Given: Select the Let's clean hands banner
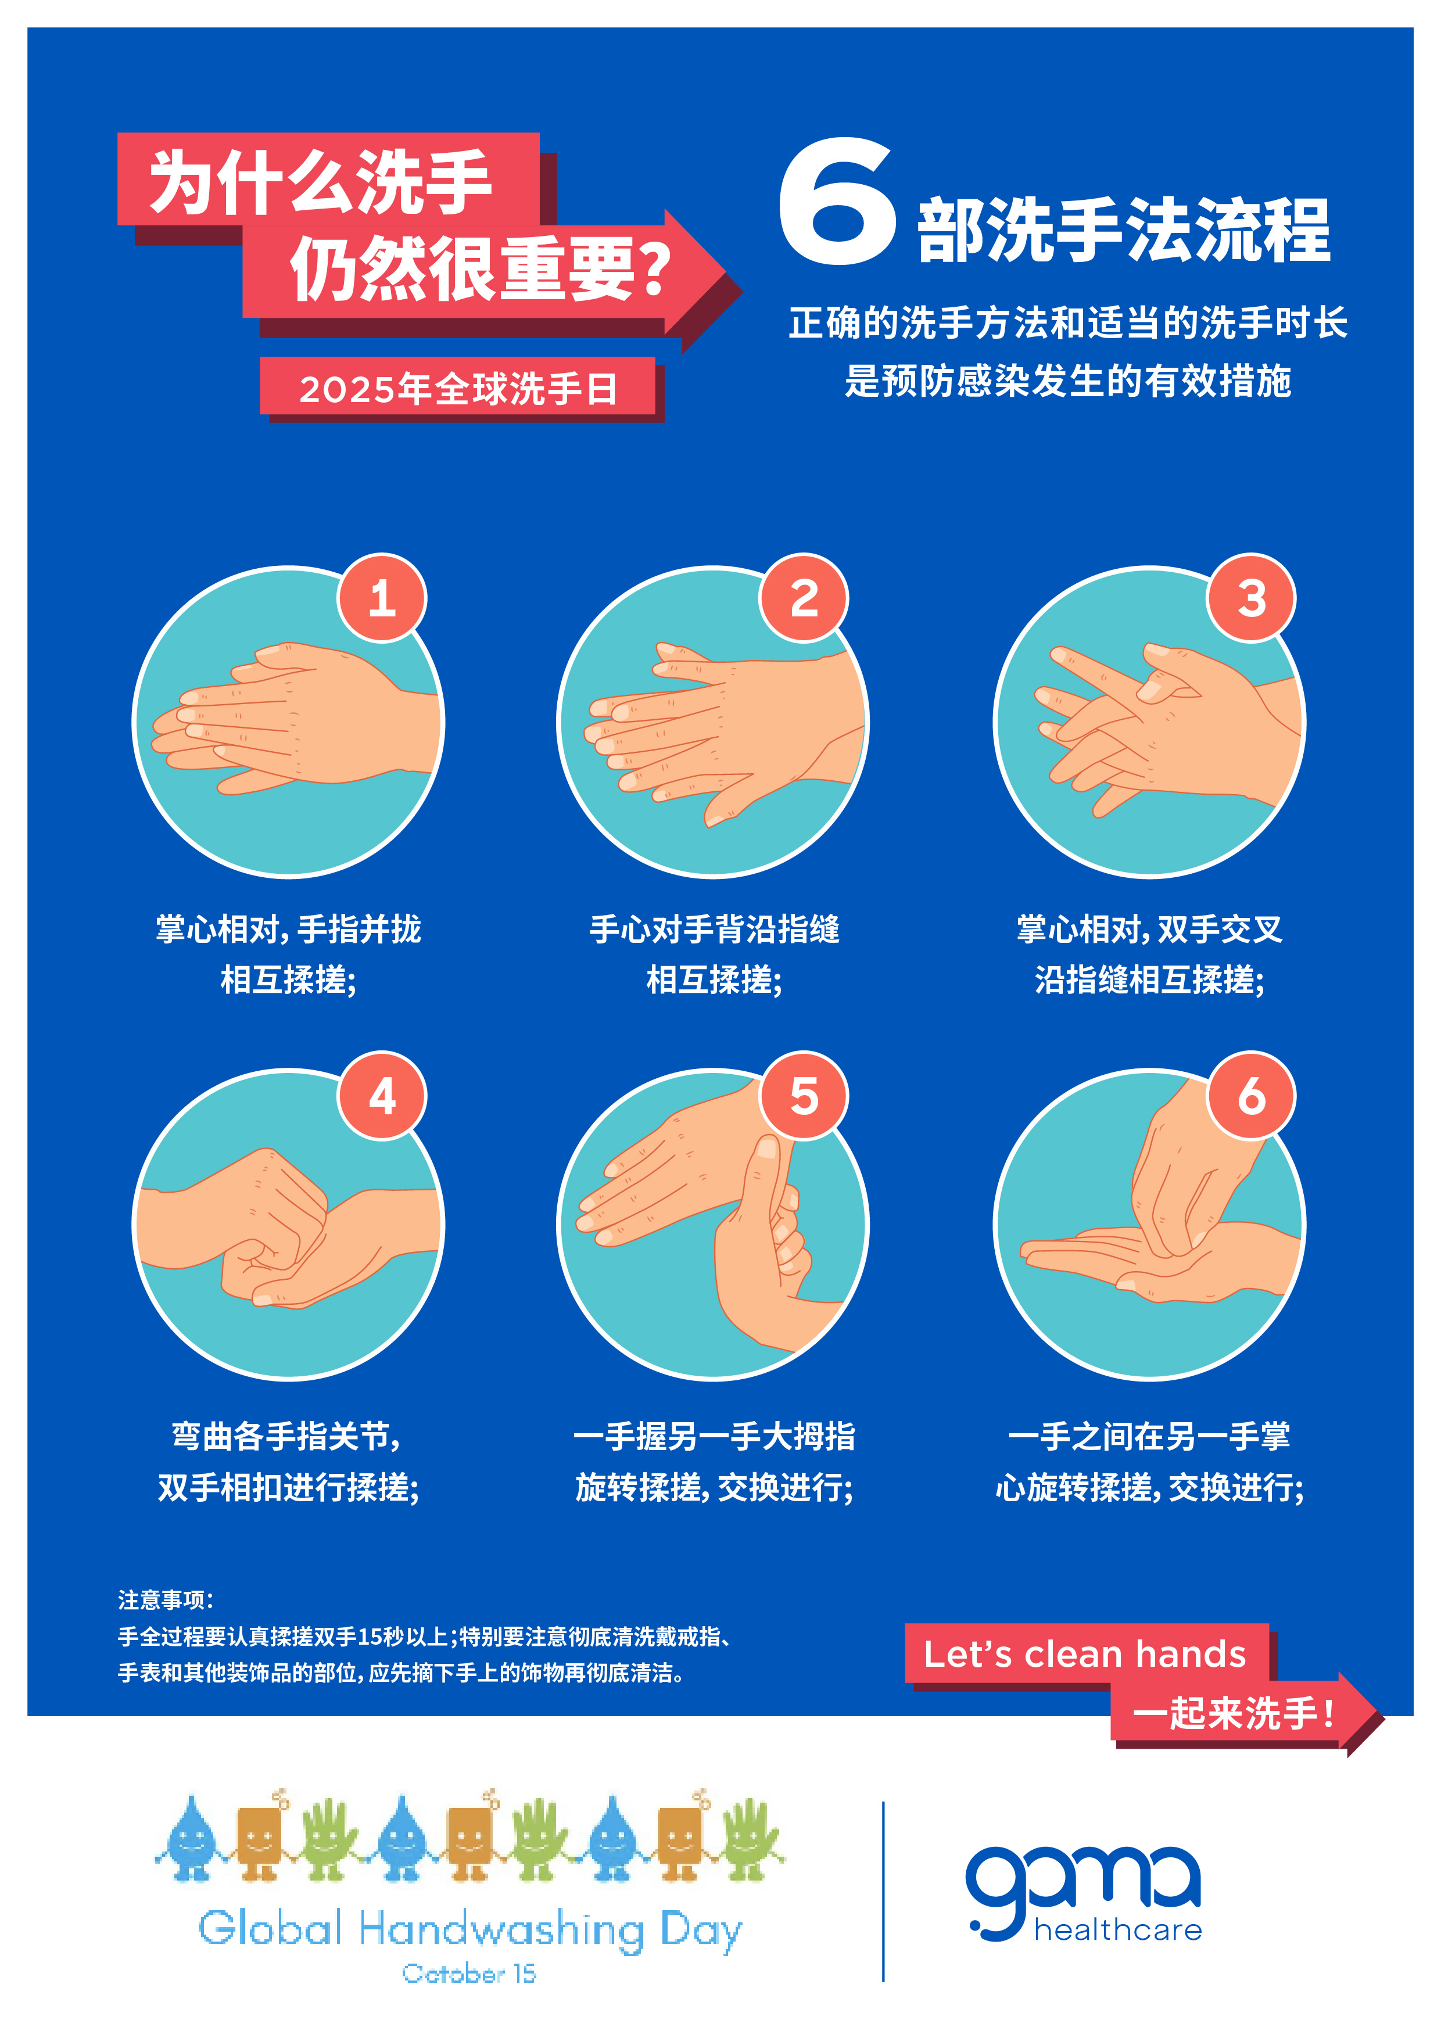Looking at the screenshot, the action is pyautogui.click(x=1086, y=1653).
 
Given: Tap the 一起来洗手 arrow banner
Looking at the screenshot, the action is pyautogui.click(x=1243, y=1713).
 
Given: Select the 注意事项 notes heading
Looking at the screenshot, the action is pyautogui.click(x=166, y=1599).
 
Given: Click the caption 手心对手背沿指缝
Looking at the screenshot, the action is pyautogui.click(x=715, y=930).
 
